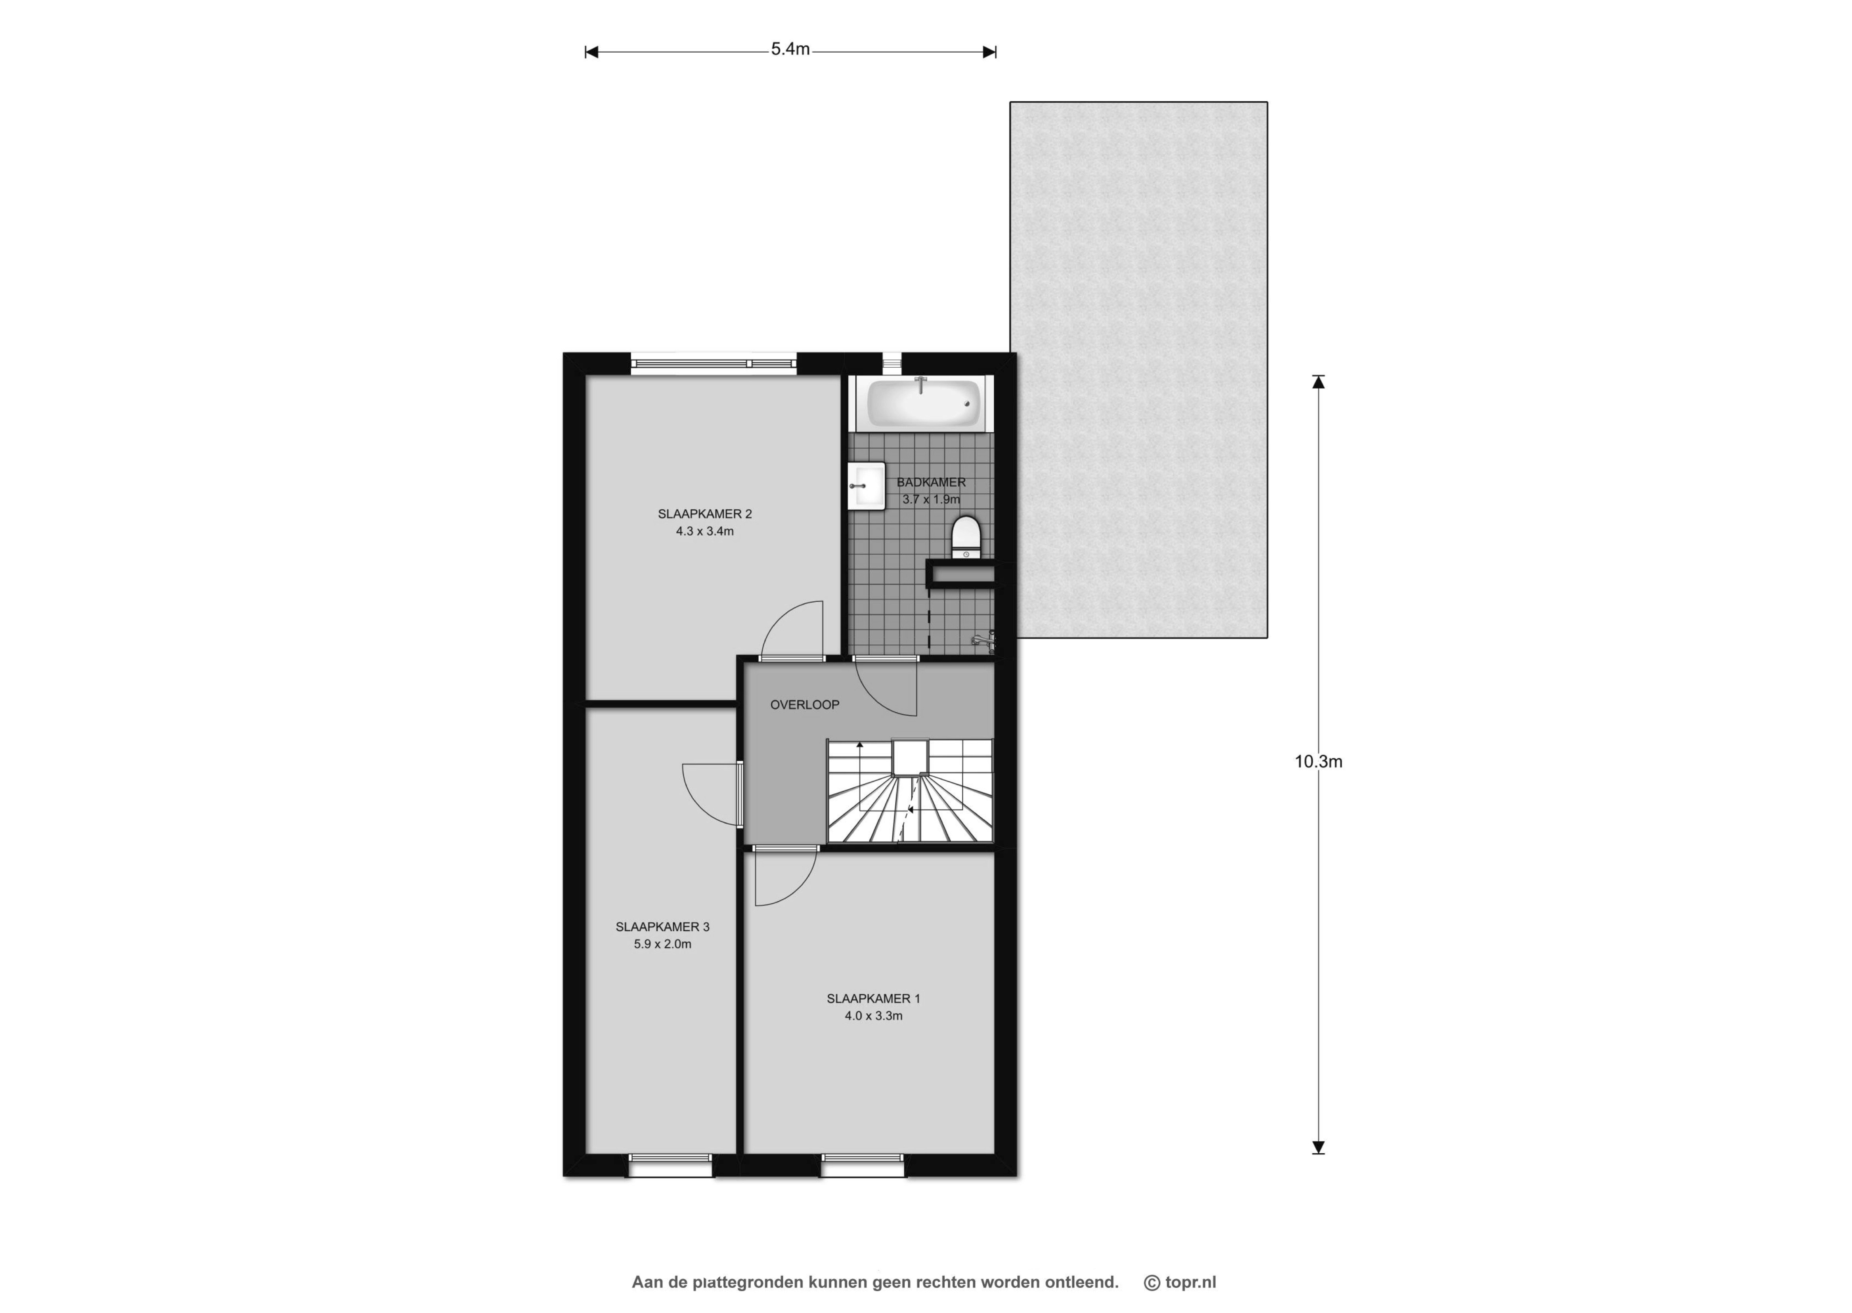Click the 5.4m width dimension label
point(790,49)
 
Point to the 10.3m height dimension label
point(1318,761)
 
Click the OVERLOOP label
point(805,705)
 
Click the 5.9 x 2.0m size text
point(662,944)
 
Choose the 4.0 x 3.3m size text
point(873,1016)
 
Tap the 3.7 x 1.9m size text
point(932,500)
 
